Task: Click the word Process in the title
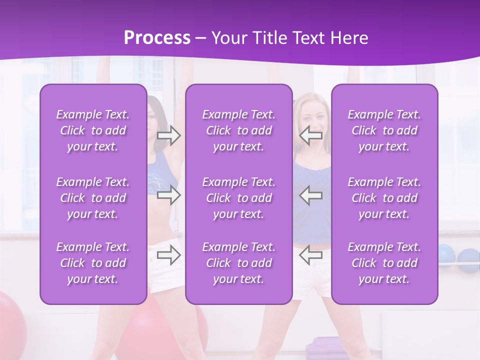click(x=157, y=37)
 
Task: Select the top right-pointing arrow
click(x=169, y=135)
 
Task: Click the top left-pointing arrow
click(x=310, y=135)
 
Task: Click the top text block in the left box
click(x=93, y=130)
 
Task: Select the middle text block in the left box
click(x=93, y=198)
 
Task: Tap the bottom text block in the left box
click(x=93, y=263)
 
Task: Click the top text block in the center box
click(x=238, y=130)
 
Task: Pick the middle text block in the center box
click(x=238, y=198)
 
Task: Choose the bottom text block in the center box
click(x=238, y=263)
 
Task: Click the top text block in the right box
click(x=384, y=130)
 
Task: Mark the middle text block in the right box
click(x=384, y=198)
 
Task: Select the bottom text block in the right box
click(x=384, y=263)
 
